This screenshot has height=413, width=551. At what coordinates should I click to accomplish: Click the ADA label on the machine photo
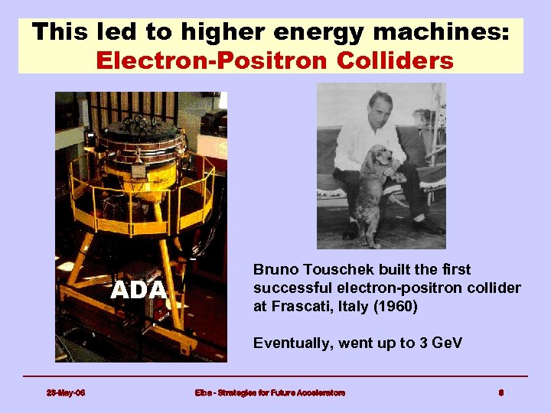pos(139,291)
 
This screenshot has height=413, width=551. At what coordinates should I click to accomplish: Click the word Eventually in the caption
pos(290,343)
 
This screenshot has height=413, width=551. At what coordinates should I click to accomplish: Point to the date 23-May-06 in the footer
pos(66,393)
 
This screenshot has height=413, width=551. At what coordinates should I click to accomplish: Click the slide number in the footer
pos(500,393)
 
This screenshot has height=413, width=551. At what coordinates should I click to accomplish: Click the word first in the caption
pos(455,270)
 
